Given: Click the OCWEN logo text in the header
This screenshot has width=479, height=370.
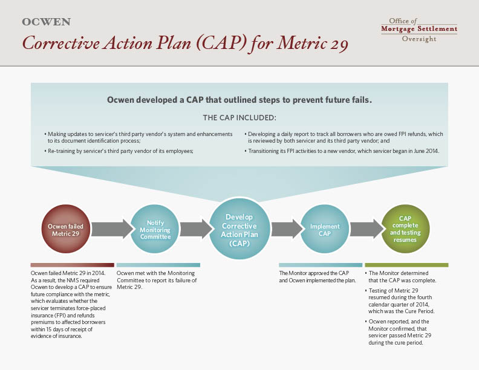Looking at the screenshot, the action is coord(46,22).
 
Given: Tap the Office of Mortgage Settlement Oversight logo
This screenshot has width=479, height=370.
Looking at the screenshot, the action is coord(419,30).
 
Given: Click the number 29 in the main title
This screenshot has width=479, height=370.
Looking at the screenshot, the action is coord(339,44).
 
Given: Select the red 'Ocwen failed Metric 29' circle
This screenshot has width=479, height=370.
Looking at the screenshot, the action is coord(66,229).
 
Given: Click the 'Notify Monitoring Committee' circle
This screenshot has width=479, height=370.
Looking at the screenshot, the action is coord(155,229).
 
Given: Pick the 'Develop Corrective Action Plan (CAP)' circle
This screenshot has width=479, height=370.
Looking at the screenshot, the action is coord(239,230).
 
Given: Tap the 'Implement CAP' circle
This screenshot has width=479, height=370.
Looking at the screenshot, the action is coord(325,229).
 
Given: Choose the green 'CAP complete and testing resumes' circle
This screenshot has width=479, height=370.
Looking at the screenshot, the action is coord(405,229).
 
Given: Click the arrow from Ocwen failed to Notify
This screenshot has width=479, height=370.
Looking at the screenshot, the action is coord(112,229).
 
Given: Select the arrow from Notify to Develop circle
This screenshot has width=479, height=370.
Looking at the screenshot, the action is coord(196,229).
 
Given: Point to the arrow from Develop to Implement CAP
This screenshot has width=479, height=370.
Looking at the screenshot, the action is coord(287,229).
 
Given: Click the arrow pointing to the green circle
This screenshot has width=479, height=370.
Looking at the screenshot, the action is coord(367,229).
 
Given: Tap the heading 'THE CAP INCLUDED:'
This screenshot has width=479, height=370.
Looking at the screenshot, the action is coord(239,118).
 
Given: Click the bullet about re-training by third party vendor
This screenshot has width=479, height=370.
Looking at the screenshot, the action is coord(119,151).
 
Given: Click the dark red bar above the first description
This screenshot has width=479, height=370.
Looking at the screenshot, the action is coord(73,265).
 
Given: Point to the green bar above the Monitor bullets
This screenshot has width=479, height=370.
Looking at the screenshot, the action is coord(406,265).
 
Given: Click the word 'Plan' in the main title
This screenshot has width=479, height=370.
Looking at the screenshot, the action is coord(174,44).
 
